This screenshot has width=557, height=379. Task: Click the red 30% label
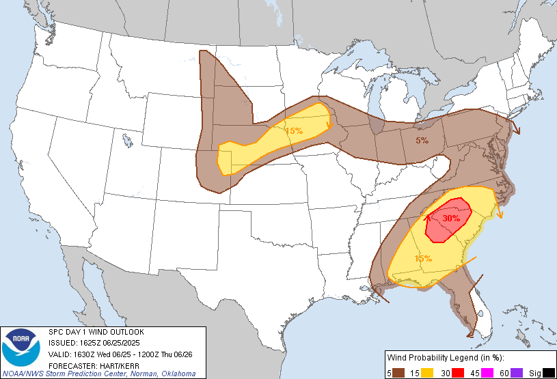coord(450,219)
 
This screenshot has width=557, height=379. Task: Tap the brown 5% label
coord(422,141)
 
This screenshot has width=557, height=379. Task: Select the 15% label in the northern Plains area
coord(294,130)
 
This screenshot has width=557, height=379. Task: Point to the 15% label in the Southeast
coord(423,258)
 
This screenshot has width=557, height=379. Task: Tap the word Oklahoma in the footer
coord(178,374)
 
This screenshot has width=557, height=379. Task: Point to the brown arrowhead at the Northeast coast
coord(516,130)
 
